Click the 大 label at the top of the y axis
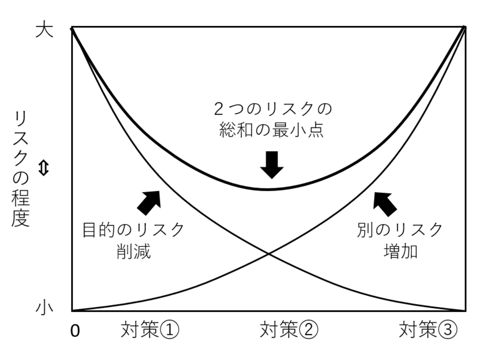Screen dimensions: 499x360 44,30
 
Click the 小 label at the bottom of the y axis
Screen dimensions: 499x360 44,308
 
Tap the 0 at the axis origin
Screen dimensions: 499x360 75,331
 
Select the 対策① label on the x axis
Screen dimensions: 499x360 150,330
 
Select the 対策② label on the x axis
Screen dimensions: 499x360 289,330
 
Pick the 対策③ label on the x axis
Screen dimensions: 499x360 428,330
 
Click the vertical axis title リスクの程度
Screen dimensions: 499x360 21,169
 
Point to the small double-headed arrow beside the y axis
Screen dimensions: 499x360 44,168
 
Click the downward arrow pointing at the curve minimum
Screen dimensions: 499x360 272,165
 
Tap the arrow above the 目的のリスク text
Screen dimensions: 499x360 149,202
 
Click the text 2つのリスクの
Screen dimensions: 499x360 273,109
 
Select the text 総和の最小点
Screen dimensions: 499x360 272,130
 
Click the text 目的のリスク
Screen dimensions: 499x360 134,230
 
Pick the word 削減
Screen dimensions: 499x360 133,252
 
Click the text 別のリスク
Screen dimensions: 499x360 400,230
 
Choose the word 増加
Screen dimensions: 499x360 401,252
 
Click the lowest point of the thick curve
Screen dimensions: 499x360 267,190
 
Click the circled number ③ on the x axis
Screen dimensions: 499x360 448,330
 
